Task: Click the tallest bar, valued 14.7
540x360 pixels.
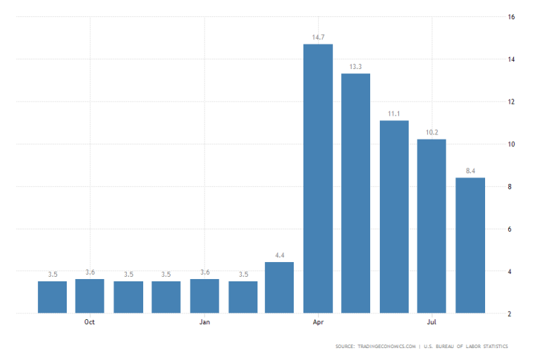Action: click(x=318, y=178)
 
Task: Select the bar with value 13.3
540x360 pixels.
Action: click(x=356, y=193)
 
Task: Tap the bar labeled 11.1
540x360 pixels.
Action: click(x=394, y=216)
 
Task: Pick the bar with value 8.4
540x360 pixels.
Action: click(x=470, y=245)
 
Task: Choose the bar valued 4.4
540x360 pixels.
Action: click(x=280, y=287)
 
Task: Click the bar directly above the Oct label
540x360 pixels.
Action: click(x=90, y=296)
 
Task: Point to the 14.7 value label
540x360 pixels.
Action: click(x=318, y=36)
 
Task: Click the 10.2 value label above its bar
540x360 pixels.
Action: click(x=432, y=131)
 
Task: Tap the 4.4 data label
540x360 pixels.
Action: click(x=280, y=255)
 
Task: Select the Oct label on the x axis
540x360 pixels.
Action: click(x=90, y=322)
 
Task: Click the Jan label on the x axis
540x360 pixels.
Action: click(x=205, y=322)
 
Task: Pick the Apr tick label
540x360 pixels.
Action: click(x=318, y=322)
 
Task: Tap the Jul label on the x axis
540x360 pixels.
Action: click(x=432, y=322)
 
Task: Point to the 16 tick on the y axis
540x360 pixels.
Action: click(x=511, y=16)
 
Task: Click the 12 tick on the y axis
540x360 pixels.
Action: click(x=511, y=102)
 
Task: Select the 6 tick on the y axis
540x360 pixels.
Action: click(x=511, y=229)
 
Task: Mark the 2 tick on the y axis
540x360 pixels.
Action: click(x=511, y=314)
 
